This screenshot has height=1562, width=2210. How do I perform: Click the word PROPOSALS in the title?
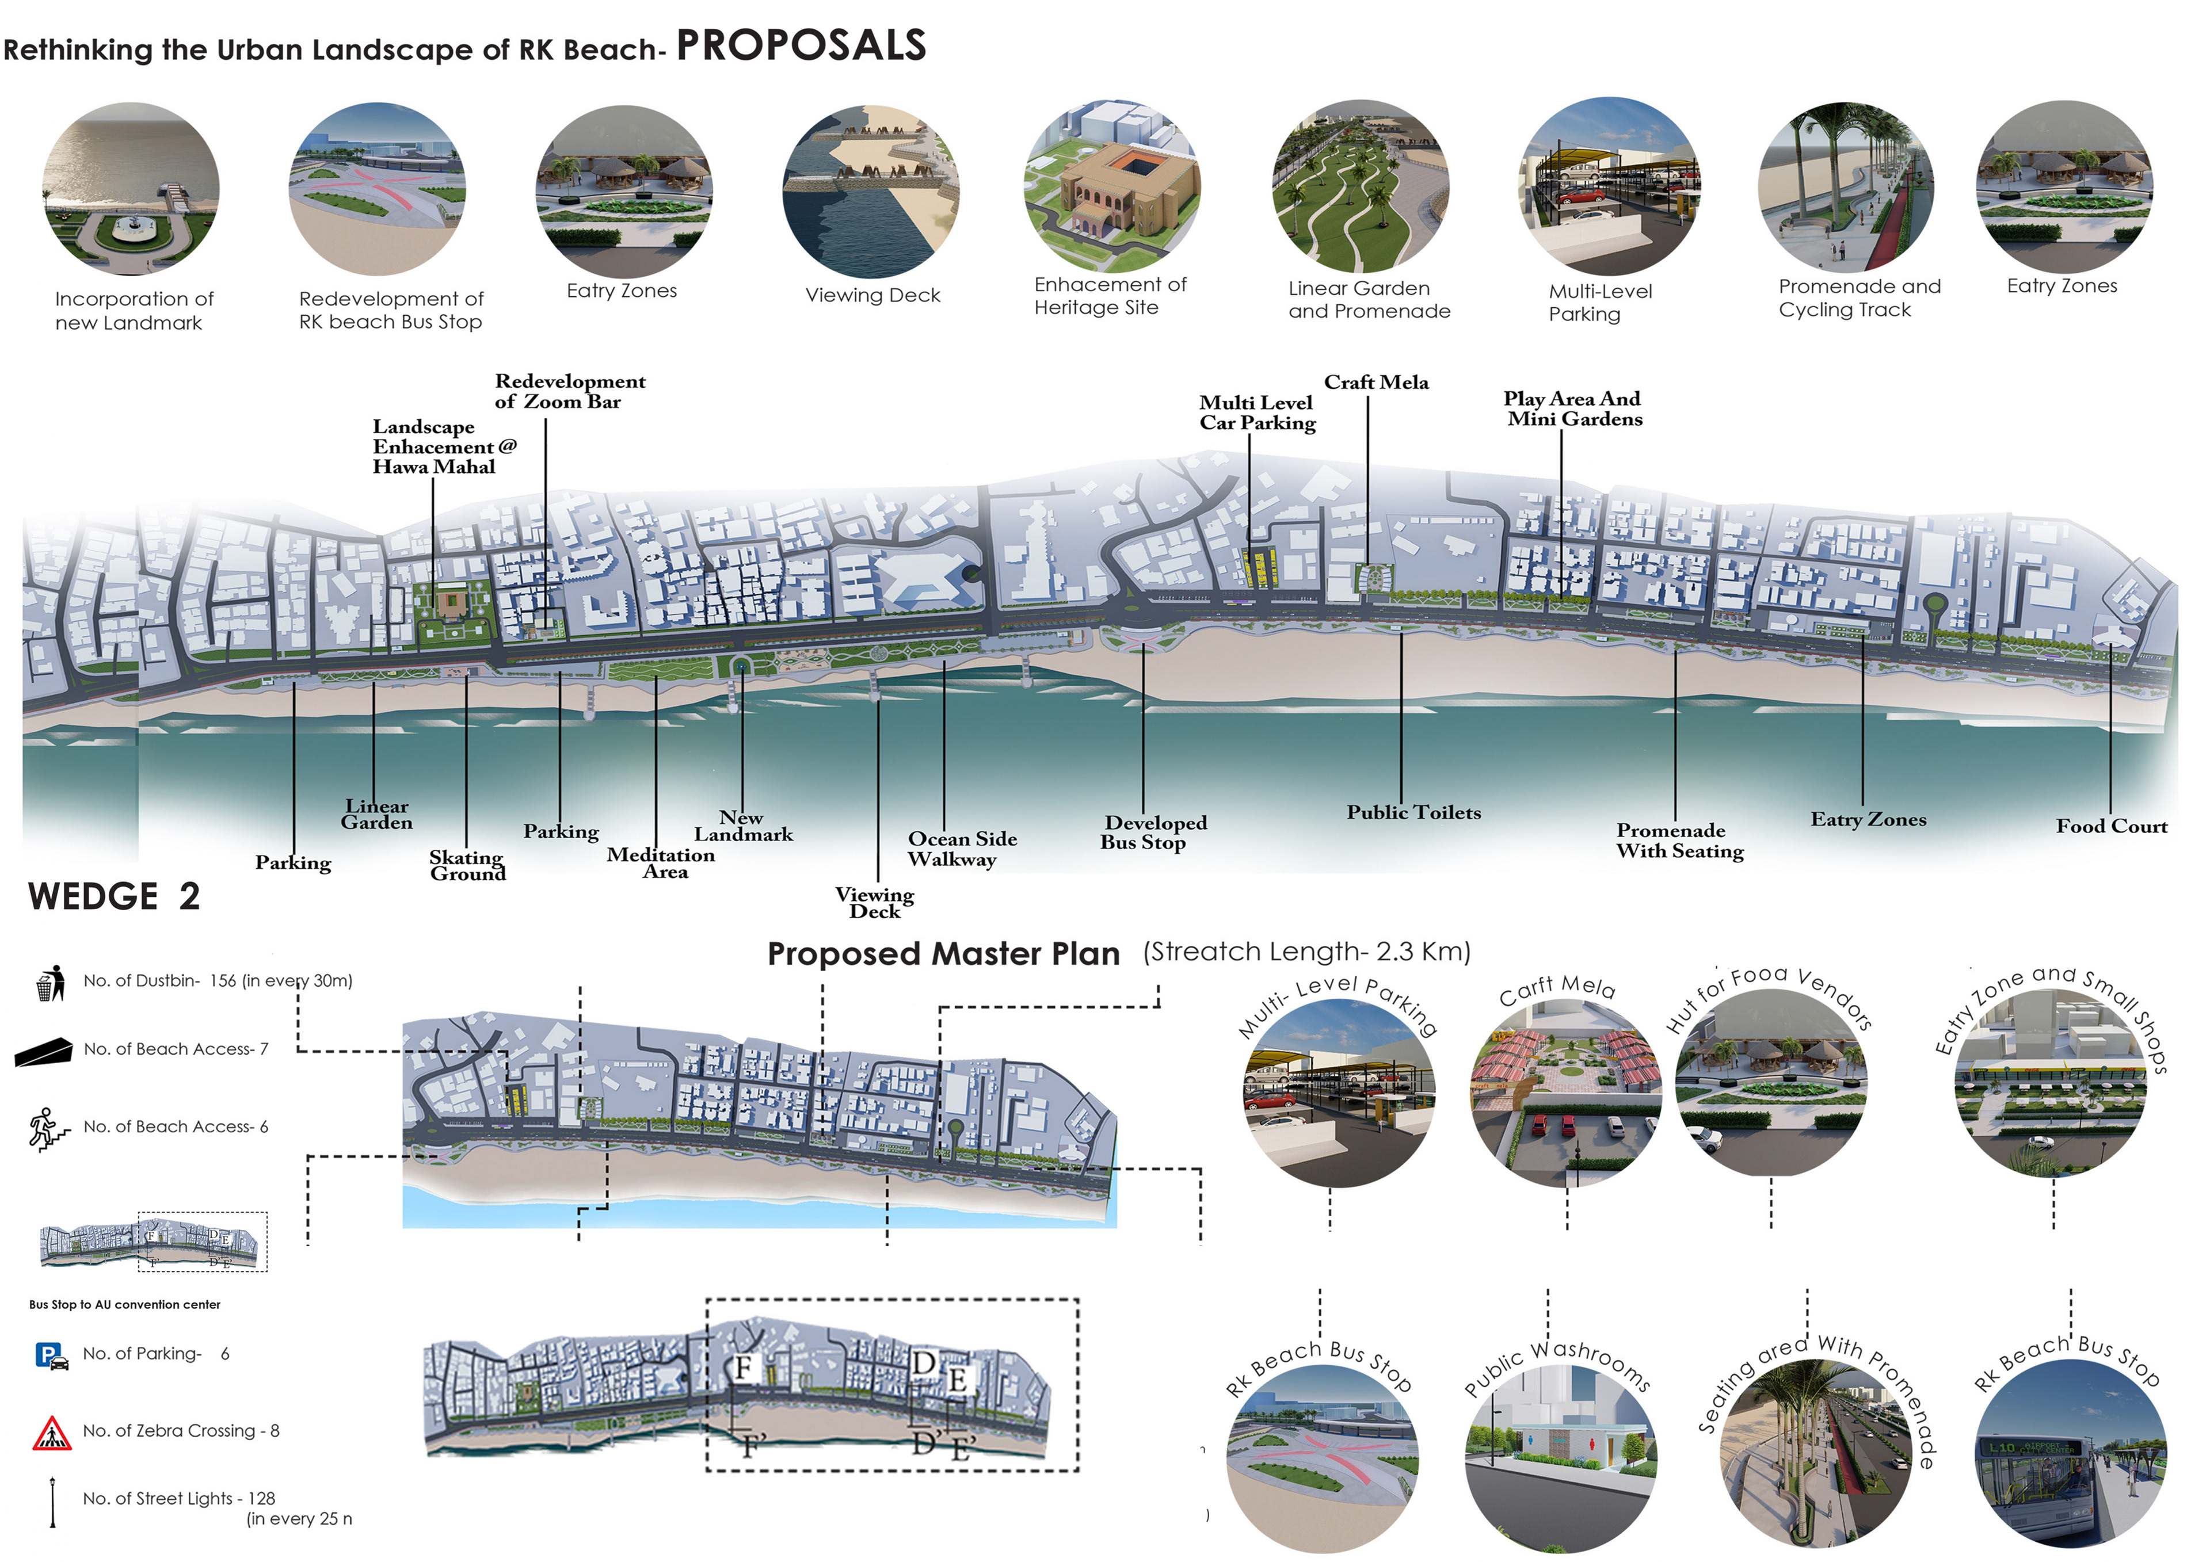pos(801,45)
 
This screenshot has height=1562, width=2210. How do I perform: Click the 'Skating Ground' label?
pos(467,865)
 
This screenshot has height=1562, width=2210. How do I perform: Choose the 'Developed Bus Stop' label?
pos(1153,832)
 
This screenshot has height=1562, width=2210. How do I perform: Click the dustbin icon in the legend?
pos(50,983)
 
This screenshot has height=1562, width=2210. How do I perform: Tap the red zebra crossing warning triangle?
pos(51,1433)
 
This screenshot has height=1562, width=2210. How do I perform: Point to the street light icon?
pos(53,1502)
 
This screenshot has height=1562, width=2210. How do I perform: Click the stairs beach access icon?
pos(48,1129)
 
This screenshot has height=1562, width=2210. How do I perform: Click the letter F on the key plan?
pos(743,1368)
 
